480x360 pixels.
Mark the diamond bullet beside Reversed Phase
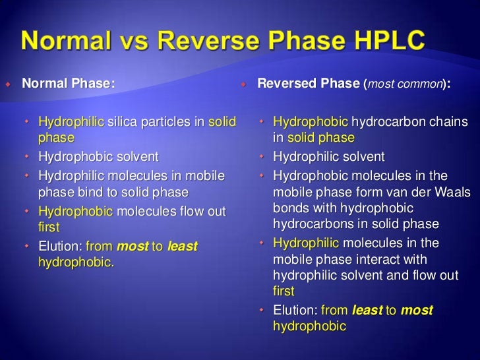243,84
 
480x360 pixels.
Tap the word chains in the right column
446,122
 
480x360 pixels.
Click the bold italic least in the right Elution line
367,310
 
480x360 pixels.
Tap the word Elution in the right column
294,310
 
